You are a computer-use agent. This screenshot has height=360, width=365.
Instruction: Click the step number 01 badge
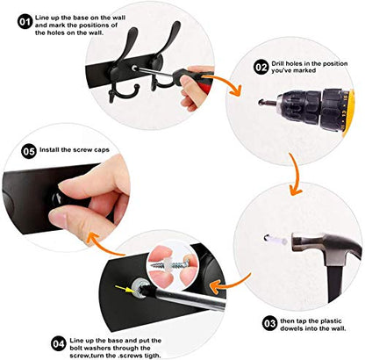(x=25, y=22)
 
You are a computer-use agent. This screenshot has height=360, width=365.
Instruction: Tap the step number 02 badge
(x=261, y=68)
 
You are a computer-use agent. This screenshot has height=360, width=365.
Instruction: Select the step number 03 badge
(x=269, y=323)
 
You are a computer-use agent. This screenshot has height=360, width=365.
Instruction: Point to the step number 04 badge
(x=59, y=344)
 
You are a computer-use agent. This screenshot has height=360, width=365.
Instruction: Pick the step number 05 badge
(x=29, y=152)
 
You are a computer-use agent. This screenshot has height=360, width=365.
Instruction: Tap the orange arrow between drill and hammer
(x=296, y=174)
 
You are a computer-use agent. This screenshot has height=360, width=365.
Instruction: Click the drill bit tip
(x=261, y=103)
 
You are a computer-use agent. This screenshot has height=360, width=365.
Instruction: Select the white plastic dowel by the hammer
(x=275, y=240)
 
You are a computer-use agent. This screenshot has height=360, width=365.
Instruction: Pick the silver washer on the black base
(x=140, y=287)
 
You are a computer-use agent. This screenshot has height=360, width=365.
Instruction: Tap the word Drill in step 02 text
(x=277, y=64)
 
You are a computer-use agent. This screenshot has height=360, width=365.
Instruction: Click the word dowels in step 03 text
(x=291, y=328)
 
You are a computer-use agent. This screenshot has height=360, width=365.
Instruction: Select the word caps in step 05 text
(x=102, y=150)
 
